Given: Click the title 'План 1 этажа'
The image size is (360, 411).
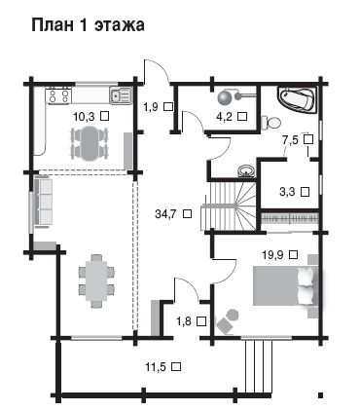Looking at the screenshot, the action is pyautogui.click(x=88, y=25).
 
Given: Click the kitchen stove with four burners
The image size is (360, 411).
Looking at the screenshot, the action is pyautogui.click(x=58, y=95).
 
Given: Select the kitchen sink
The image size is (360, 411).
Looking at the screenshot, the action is pyautogui.click(x=120, y=95).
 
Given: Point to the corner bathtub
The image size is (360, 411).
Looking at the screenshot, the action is pyautogui.click(x=298, y=99).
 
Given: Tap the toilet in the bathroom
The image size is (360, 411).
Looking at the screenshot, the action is pyautogui.click(x=271, y=123).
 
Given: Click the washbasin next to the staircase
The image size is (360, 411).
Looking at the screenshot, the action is pyautogui.click(x=246, y=170).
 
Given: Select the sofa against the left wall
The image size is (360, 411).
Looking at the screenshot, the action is pyautogui.click(x=43, y=202).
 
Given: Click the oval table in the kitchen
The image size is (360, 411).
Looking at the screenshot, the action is pyautogui.click(x=90, y=143).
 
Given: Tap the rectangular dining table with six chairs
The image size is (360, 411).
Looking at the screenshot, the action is pyautogui.click(x=96, y=280).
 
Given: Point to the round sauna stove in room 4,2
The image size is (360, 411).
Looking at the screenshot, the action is pyautogui.click(x=224, y=97).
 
